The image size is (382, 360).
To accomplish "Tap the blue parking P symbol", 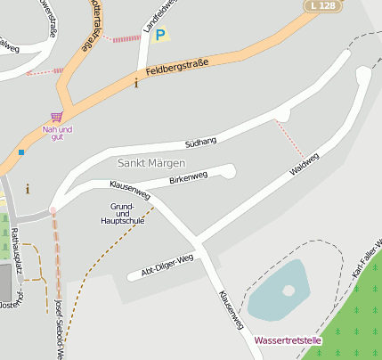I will pos(160,35).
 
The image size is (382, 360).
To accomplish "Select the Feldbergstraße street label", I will pos(177,67).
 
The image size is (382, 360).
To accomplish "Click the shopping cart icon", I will pos(57,116).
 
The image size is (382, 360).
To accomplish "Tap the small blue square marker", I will pos(21,152).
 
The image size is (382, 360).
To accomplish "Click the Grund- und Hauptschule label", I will pos(121,213).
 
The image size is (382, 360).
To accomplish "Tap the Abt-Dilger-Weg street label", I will pos(167,265).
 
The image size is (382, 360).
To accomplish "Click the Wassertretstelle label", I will pos(287,340).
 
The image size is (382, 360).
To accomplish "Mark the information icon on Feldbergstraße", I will pos(135,84).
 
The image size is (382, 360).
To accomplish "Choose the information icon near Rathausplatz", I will pos(28,188).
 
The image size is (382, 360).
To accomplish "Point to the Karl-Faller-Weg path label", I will pos(367,259).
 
